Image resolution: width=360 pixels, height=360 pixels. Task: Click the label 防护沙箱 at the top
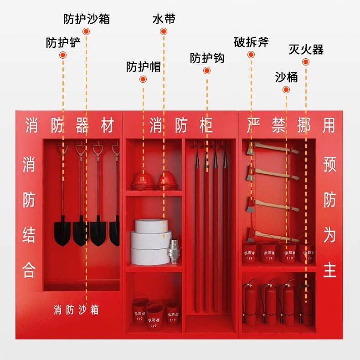pos(87,19)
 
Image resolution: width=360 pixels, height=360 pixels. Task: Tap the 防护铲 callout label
pos(63,43)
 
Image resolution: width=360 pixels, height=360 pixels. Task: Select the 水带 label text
pos(164,19)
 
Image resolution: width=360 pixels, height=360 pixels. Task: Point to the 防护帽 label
pos(143,67)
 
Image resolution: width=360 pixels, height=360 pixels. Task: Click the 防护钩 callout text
pos(207,58)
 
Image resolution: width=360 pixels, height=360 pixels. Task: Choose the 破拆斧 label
pos(251,43)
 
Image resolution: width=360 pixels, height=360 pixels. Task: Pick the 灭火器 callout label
pos(306,49)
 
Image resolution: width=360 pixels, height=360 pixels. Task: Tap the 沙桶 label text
pos(286,77)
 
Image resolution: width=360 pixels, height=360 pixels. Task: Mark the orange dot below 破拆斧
pos(251,55)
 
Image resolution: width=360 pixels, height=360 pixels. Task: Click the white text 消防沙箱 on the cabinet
pos(76,310)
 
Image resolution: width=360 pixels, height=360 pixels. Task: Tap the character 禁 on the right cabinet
pos(278,125)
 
